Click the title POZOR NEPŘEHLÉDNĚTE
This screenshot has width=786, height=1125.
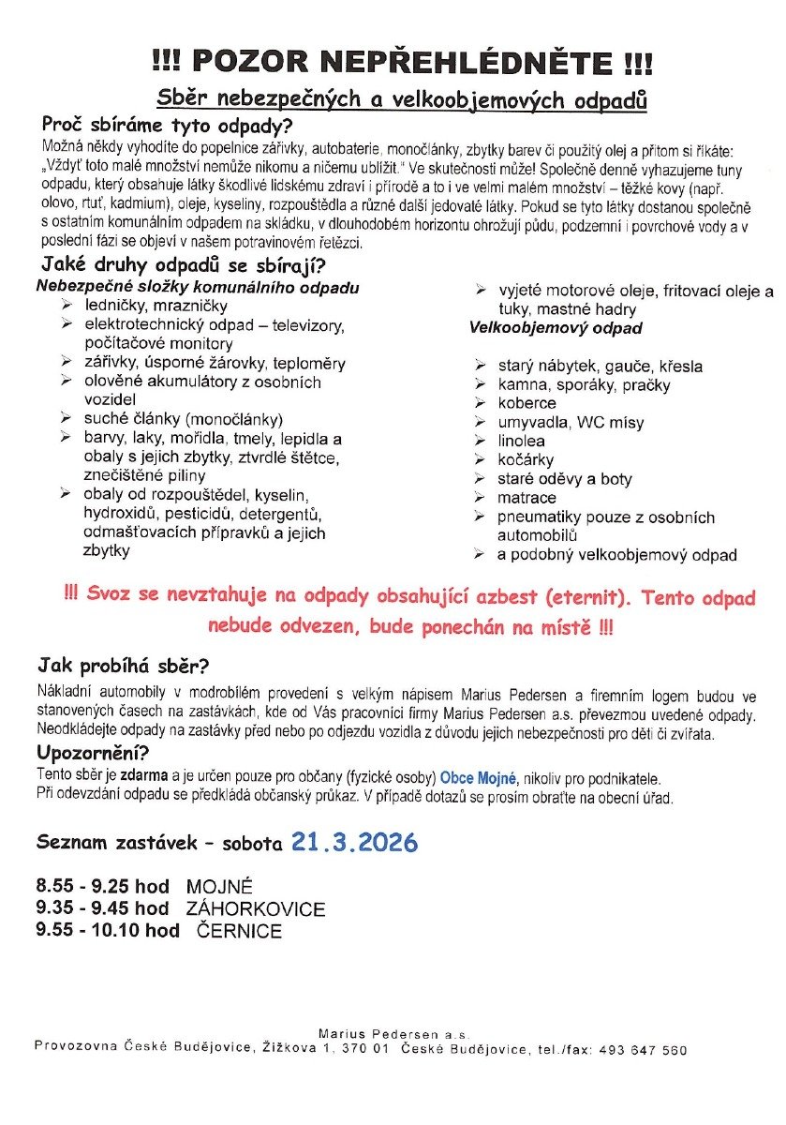(402, 63)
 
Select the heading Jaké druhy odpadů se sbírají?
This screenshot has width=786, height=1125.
(179, 265)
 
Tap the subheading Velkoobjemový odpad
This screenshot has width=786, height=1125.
(556, 328)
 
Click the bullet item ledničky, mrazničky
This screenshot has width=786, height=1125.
(156, 306)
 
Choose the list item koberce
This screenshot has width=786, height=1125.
(526, 403)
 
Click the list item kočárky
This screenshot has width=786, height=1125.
(526, 459)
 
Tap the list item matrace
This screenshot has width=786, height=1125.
(526, 497)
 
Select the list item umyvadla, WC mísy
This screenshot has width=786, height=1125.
(571, 422)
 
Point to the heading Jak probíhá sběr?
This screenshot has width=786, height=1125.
(123, 667)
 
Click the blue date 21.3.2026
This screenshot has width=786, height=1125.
(354, 841)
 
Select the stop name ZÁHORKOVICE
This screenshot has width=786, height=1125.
(256, 908)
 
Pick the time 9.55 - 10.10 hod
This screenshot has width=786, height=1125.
(108, 930)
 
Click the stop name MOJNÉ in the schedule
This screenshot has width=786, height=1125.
(220, 886)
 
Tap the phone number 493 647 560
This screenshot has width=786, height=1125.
(651, 1050)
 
